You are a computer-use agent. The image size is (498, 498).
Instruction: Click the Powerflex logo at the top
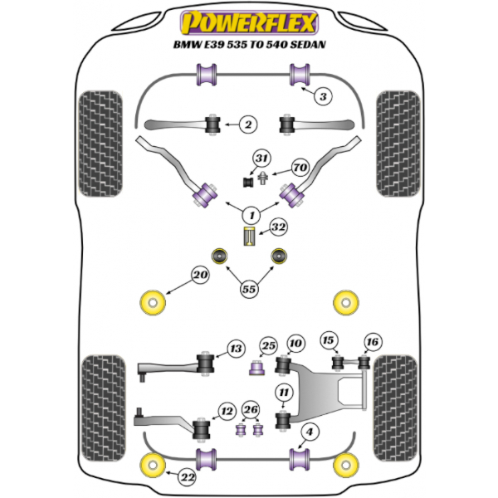(249, 18)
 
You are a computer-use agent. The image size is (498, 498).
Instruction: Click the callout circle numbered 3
(324, 96)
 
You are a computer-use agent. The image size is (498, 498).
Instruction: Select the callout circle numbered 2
(247, 125)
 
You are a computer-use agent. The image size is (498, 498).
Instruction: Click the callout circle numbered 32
(277, 225)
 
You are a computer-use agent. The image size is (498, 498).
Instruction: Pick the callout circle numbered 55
(249, 289)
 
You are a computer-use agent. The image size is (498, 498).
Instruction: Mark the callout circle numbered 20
(199, 275)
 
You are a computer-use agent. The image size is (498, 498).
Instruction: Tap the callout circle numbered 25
(267, 345)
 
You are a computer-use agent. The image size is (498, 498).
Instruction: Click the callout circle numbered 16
(373, 341)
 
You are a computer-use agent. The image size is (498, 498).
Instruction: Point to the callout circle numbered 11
(284, 393)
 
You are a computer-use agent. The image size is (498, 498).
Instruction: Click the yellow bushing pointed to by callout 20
(153, 302)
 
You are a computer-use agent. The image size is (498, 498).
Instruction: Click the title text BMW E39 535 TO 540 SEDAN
(249, 46)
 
